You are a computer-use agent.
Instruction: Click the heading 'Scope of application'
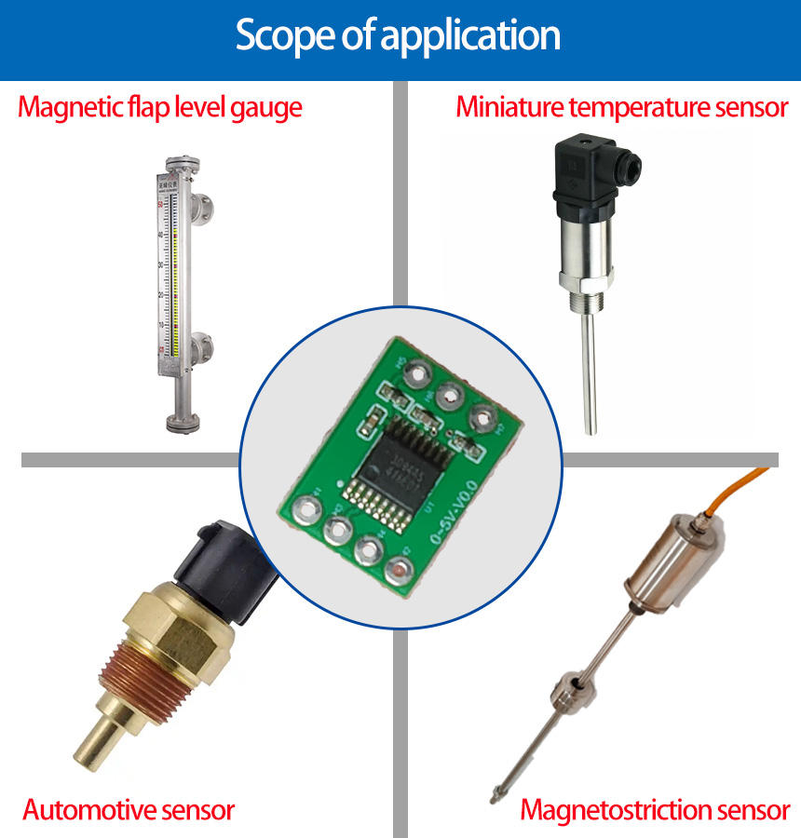click(x=398, y=35)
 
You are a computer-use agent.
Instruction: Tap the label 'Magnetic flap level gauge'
click(x=160, y=107)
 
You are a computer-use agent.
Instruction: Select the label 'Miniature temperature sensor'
click(x=622, y=107)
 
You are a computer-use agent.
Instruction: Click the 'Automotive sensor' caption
click(x=129, y=808)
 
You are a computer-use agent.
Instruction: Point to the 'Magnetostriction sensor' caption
click(x=655, y=809)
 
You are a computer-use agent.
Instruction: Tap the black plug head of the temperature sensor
click(x=586, y=168)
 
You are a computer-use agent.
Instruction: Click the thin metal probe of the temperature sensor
click(x=591, y=372)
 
